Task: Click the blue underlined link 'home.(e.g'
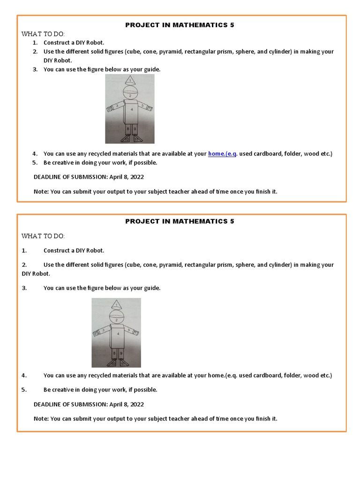pyautogui.click(x=222, y=154)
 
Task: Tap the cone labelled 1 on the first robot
pyautogui.click(x=130, y=81)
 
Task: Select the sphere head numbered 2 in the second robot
pyautogui.click(x=116, y=318)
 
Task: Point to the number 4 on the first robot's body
pyautogui.click(x=132, y=109)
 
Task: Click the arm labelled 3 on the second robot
pyautogui.click(x=103, y=330)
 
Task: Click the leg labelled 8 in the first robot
pyautogui.click(x=127, y=128)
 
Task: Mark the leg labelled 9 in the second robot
pyautogui.click(x=121, y=352)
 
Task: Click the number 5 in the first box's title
pyautogui.click(x=232, y=25)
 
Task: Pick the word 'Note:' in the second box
pyautogui.click(x=41, y=418)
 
